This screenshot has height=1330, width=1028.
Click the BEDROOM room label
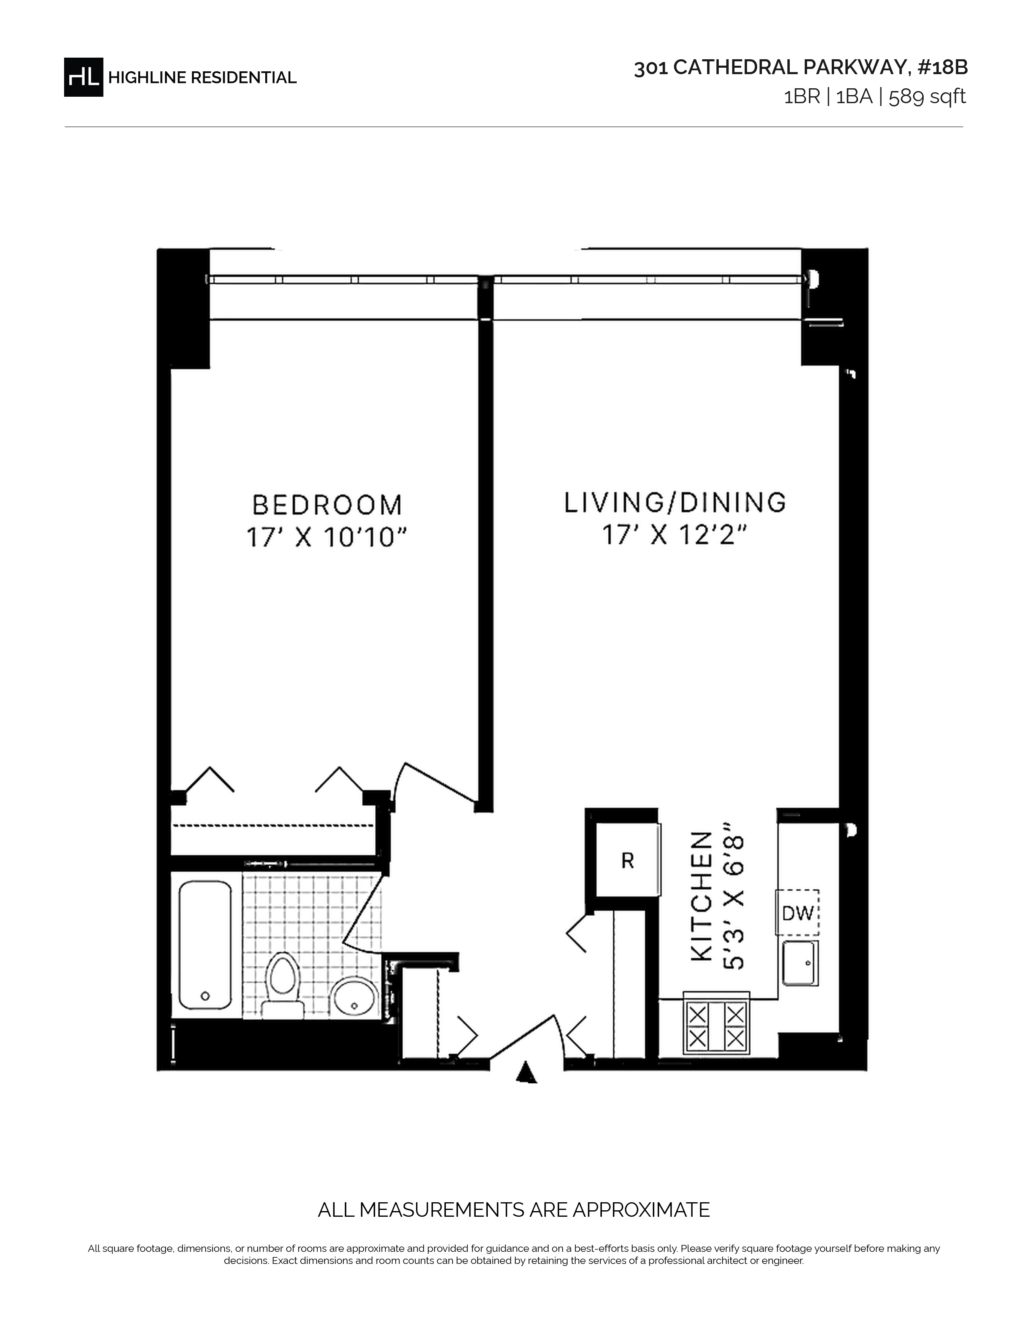(x=328, y=505)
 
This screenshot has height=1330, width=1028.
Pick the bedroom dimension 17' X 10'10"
(x=327, y=538)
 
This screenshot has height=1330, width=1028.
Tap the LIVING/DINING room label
(x=675, y=503)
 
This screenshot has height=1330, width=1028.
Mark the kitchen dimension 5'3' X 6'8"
(x=733, y=897)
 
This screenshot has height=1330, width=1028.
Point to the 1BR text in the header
(x=801, y=97)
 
